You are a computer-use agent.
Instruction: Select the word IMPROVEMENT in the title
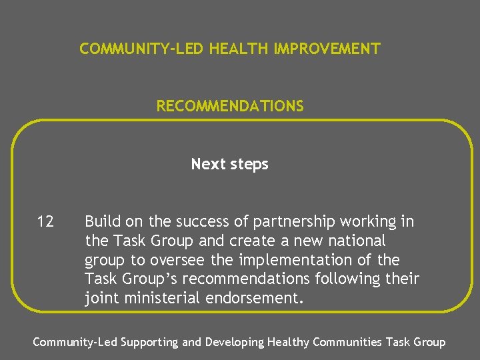pyautogui.click(x=327, y=49)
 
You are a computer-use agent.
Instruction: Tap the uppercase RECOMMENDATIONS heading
pyautogui.click(x=230, y=106)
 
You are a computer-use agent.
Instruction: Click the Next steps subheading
pyautogui.click(x=229, y=164)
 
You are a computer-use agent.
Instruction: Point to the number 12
pyautogui.click(x=45, y=221)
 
